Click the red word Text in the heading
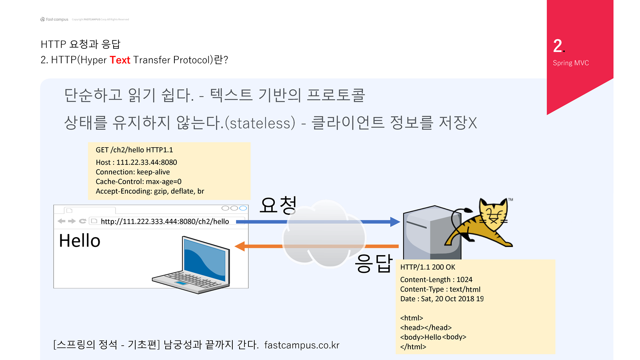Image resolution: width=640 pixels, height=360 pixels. tap(120, 60)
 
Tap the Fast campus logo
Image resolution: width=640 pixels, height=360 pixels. tap(54, 19)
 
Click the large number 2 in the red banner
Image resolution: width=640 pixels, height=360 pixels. tap(558, 46)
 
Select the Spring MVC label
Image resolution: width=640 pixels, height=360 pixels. tap(571, 63)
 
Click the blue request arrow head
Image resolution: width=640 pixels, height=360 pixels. tap(395, 222)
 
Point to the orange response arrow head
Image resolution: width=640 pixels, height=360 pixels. tap(240, 246)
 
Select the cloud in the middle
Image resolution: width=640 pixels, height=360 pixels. tap(324, 236)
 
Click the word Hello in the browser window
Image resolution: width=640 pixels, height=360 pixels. tap(80, 241)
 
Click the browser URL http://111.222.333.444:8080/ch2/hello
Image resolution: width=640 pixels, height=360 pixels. tap(165, 222)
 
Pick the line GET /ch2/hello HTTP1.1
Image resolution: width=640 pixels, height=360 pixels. tap(134, 150)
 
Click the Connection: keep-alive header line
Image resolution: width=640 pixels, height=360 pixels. tap(133, 172)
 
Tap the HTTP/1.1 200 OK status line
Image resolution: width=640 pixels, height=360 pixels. tap(428, 267)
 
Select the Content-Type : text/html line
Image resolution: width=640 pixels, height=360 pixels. tap(440, 289)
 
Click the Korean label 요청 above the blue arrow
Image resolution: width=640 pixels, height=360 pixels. tap(278, 205)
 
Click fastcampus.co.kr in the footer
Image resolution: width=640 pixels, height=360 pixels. tap(302, 345)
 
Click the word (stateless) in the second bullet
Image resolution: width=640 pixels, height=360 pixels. tap(260, 123)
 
